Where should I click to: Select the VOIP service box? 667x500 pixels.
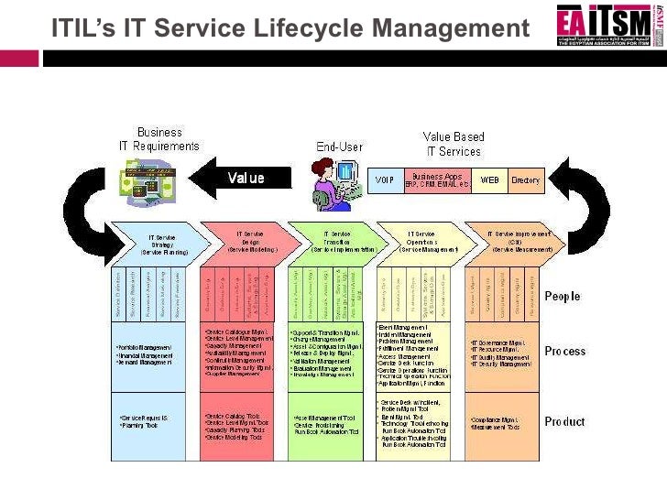coord(384,180)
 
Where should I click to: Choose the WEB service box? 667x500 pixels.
coord(489,180)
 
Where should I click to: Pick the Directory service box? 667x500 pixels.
coord(526,180)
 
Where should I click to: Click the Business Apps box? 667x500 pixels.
coord(437,179)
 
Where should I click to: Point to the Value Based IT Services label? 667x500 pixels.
coord(453,144)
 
